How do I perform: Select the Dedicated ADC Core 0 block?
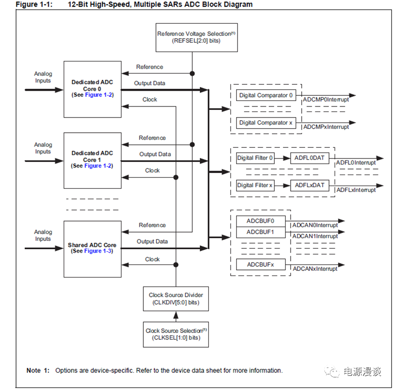(92, 89)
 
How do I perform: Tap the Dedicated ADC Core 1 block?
(92, 160)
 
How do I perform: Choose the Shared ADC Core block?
(92, 248)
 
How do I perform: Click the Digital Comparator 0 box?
(266, 95)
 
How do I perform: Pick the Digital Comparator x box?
(266, 123)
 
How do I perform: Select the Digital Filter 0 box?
(255, 158)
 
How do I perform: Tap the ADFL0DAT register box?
(310, 158)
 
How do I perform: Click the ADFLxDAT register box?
(310, 185)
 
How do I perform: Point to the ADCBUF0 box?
(260, 221)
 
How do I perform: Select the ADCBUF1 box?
(260, 232)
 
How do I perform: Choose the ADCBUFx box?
(260, 264)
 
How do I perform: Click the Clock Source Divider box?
(176, 298)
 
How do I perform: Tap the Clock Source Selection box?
(176, 334)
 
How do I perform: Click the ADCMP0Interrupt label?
(326, 100)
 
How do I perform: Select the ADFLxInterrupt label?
(356, 190)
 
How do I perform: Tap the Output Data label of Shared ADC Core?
(152, 242)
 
